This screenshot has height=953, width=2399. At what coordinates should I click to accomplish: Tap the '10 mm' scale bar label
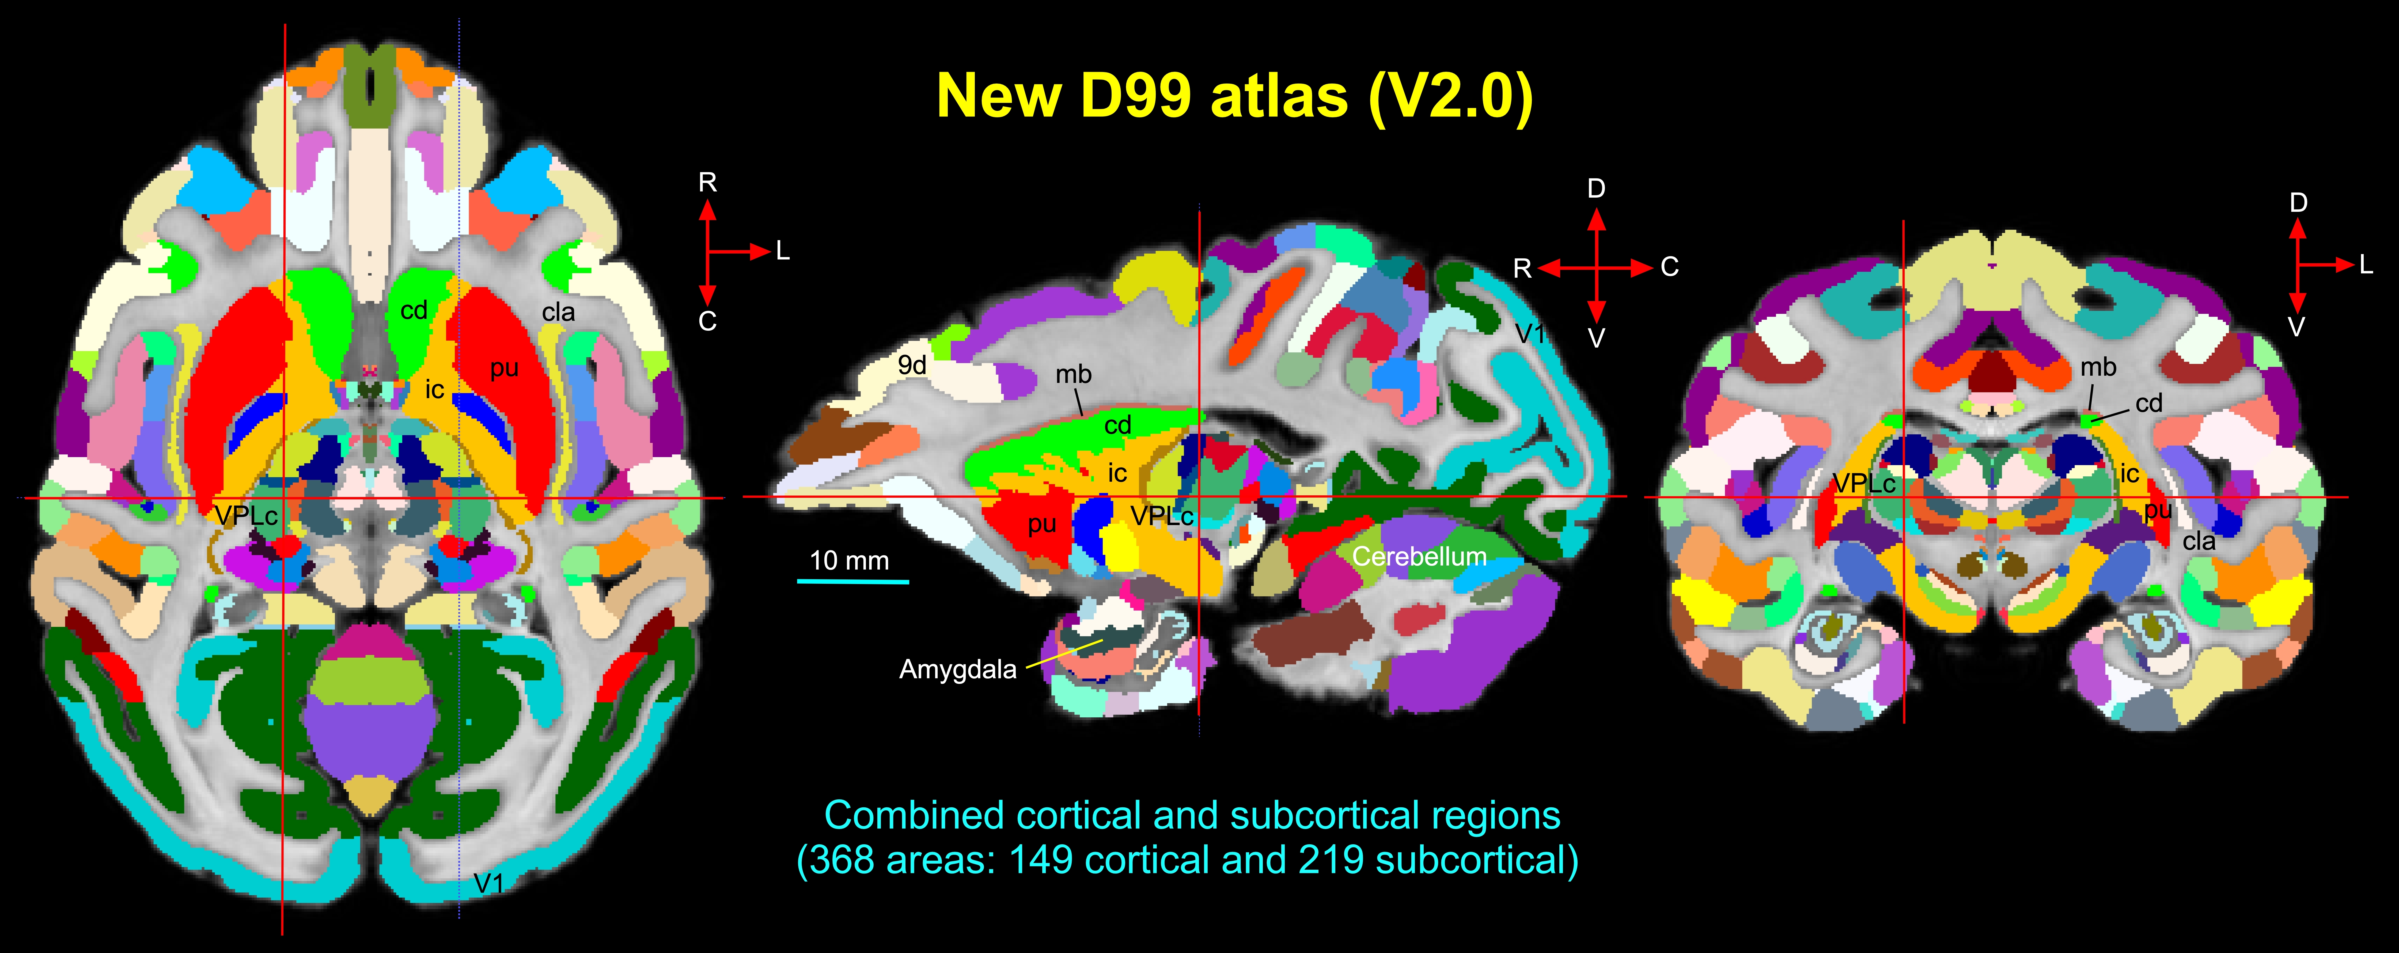pos(849,561)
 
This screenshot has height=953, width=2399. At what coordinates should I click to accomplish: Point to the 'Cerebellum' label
pos(1419,557)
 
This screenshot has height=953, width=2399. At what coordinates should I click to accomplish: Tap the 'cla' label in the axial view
pos(559,313)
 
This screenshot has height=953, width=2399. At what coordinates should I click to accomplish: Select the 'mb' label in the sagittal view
pos(1073,375)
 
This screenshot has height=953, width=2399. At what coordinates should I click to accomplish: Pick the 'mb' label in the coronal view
pos(2098,368)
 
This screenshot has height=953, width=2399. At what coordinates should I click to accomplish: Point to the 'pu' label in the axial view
pos(504,369)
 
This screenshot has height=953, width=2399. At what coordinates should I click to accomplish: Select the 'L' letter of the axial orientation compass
pos(782,251)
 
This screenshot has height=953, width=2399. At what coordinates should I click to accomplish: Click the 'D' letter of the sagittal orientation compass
pos(1596,189)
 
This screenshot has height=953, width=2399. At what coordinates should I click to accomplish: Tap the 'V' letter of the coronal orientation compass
pos(2296,327)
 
